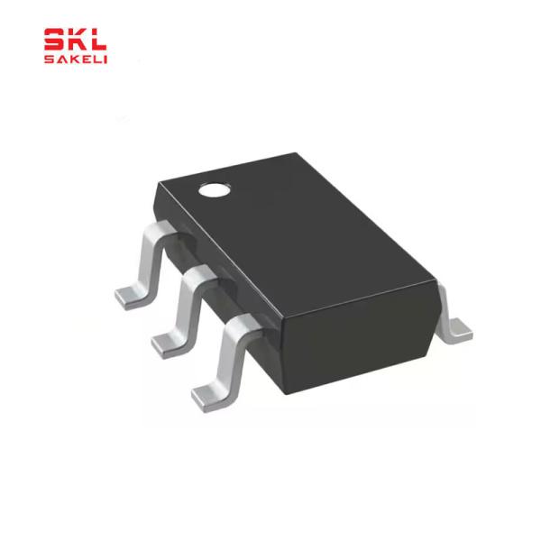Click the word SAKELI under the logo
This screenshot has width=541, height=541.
(x=76, y=59)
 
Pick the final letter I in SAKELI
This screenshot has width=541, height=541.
(x=105, y=59)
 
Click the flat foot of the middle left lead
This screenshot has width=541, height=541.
(x=165, y=343)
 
